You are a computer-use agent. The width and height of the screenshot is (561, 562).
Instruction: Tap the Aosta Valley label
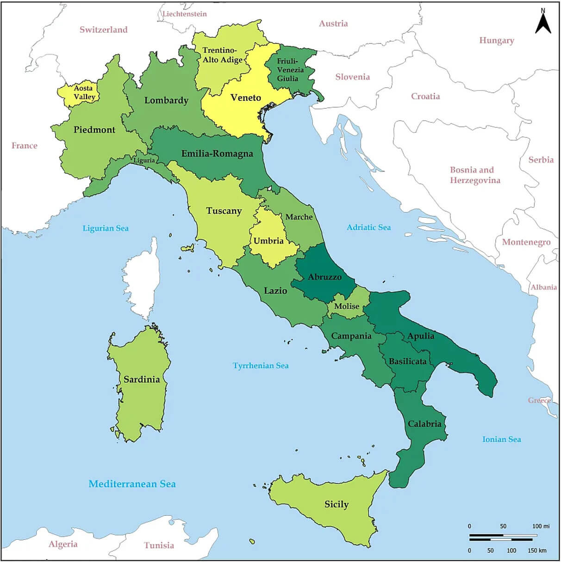(84, 92)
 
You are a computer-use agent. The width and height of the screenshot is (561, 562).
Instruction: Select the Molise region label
(347, 306)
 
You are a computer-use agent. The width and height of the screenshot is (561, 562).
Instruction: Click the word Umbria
(268, 241)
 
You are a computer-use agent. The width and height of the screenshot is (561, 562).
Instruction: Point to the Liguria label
(144, 160)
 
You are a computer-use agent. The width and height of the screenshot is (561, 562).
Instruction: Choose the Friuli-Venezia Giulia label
(290, 70)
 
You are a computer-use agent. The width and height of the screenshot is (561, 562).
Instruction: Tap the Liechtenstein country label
(184, 14)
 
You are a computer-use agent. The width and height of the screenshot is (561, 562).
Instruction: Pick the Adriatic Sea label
(368, 227)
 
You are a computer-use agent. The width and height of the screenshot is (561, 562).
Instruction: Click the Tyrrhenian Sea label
(261, 366)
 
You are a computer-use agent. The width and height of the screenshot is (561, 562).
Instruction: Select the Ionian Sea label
(501, 439)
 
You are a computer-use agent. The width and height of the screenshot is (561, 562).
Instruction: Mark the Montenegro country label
(526, 242)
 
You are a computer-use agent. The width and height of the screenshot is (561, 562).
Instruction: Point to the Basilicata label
(407, 361)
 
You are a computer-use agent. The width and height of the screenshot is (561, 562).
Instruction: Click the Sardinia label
(142, 379)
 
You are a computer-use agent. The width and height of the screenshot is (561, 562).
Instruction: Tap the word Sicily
(337, 504)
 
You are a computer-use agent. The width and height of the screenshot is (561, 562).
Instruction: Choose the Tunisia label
(159, 545)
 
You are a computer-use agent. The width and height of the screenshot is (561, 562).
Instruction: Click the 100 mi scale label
(541, 526)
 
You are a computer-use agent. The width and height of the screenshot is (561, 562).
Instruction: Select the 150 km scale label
(536, 550)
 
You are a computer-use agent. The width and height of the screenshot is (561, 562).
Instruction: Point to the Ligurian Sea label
(106, 228)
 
